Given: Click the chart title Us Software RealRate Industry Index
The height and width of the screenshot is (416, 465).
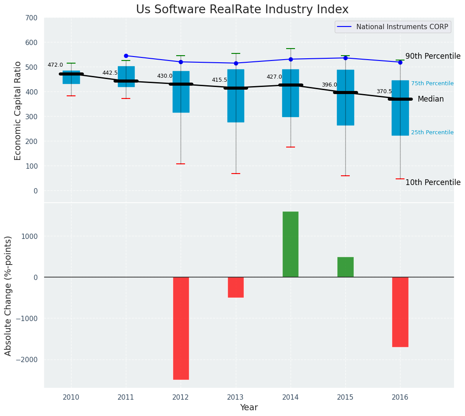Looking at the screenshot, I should (x=242, y=10).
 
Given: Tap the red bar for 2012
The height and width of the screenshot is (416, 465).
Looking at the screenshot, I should (x=181, y=328).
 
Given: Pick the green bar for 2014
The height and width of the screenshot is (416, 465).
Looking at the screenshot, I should (x=291, y=244).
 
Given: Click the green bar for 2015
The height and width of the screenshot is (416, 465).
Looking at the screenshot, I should (x=345, y=267).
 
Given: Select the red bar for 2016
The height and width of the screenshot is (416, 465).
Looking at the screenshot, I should (x=400, y=312).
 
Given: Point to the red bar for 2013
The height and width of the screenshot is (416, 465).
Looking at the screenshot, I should (x=236, y=287).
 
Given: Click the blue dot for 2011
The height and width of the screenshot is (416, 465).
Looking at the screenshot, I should (x=126, y=56).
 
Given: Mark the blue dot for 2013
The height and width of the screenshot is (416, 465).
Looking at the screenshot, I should (x=236, y=63).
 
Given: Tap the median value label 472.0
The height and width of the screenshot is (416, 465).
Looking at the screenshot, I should (x=55, y=65).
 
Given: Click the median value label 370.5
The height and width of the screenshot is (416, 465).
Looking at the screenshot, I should (x=384, y=91).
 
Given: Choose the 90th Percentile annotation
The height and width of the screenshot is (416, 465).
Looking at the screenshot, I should (x=433, y=56).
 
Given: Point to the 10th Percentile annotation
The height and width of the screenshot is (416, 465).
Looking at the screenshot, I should (x=433, y=182).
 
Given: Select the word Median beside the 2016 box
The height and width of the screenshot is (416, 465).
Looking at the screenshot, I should (x=431, y=99).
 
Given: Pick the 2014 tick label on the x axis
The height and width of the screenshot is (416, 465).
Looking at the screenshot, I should (x=291, y=397).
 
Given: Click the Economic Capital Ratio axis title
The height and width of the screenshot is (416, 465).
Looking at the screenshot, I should (x=18, y=111).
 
